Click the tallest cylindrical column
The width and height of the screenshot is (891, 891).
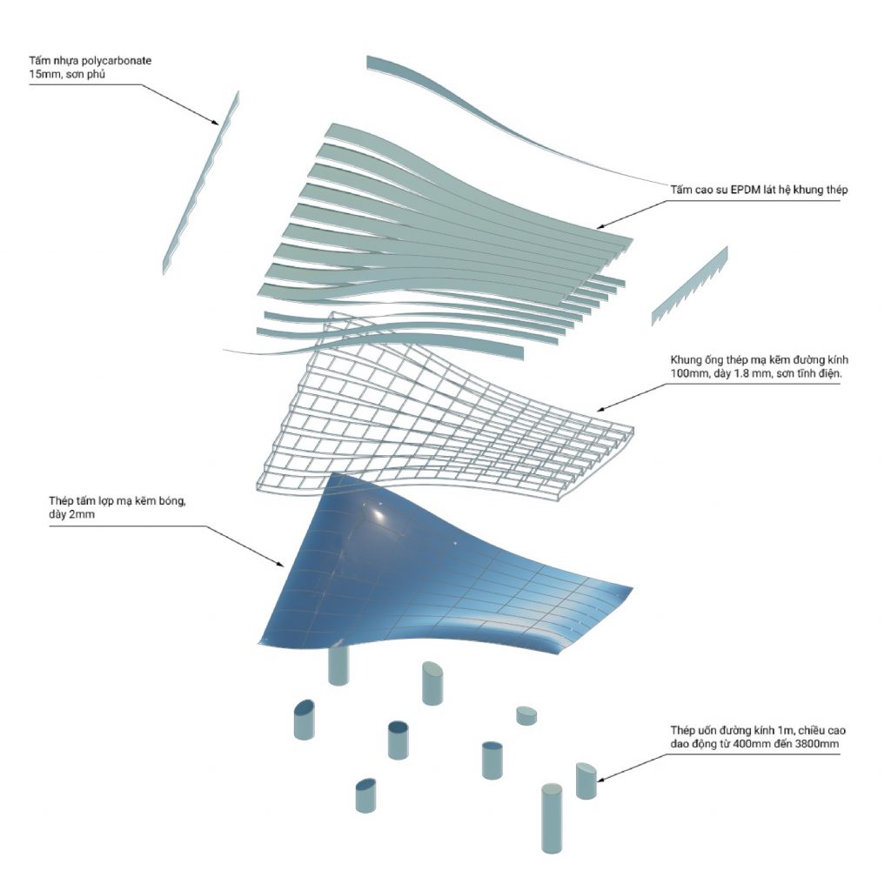click(x=551, y=819)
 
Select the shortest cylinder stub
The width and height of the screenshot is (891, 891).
click(x=526, y=715)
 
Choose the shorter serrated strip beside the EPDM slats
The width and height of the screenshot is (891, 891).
click(x=689, y=286)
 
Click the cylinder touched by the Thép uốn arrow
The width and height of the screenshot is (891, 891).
click(x=586, y=780)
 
